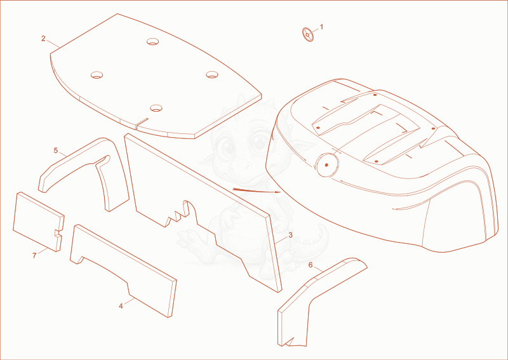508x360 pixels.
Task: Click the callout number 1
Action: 321,27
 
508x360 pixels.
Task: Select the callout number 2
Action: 43,39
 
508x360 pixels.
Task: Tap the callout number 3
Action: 290,235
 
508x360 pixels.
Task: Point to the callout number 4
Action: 121,306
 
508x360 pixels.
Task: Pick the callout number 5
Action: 56,150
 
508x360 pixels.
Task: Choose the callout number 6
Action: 311,265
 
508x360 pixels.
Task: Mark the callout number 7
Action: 34,256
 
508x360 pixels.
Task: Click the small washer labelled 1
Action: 308,35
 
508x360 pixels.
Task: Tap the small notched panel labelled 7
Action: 38,222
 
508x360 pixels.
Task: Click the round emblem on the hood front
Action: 326,165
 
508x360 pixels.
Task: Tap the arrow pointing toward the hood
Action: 257,190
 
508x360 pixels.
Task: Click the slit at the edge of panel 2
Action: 142,121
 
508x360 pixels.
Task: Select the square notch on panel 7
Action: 58,233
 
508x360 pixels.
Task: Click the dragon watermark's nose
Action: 240,166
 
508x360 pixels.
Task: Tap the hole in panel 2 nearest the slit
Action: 156,108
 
